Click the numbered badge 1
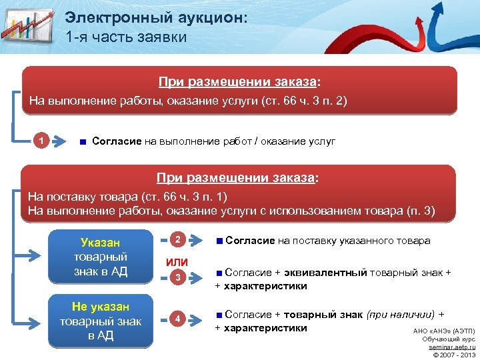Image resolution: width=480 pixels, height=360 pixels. click(x=43, y=141)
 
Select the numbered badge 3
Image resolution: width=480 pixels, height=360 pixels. click(x=176, y=277)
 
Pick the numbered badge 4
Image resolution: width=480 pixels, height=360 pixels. click(x=176, y=318)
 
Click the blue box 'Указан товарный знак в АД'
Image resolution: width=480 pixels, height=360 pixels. click(x=101, y=256)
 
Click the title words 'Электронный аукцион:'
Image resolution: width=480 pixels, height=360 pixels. click(x=156, y=18)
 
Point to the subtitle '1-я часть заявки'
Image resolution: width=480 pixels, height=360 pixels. click(x=126, y=37)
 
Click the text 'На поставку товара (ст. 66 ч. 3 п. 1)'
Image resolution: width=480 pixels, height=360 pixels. click(x=127, y=197)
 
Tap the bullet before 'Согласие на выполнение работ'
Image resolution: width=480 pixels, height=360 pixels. click(x=82, y=142)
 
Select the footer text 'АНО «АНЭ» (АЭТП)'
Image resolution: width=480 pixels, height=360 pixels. click(x=444, y=331)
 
